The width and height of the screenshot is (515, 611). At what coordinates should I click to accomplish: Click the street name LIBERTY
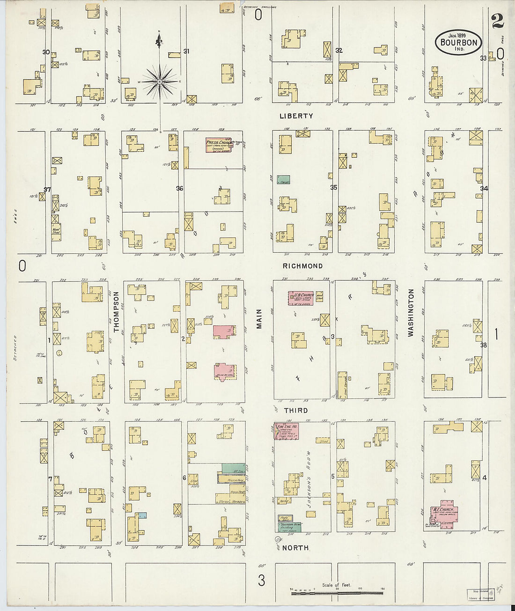(296, 116)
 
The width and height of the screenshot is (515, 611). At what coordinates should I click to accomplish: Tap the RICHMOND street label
(302, 266)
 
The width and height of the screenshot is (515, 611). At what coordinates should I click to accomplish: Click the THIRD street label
(296, 411)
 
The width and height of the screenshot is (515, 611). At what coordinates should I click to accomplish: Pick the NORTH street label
(295, 548)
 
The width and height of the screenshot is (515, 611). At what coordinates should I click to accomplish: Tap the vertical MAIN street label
(259, 318)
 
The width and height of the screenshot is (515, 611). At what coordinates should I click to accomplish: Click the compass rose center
(160, 82)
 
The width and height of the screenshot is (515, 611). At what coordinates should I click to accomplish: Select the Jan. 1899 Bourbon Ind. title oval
(459, 43)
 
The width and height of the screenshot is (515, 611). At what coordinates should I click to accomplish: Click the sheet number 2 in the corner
(497, 20)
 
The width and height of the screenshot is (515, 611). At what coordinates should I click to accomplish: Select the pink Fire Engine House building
(287, 431)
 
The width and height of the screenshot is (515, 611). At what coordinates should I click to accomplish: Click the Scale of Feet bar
(337, 593)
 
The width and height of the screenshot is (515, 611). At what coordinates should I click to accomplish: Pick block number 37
(47, 190)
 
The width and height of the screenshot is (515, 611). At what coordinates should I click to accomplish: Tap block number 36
(179, 189)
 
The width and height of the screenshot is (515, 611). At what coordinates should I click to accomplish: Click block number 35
(333, 188)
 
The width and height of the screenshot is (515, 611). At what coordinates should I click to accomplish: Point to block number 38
(484, 345)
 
